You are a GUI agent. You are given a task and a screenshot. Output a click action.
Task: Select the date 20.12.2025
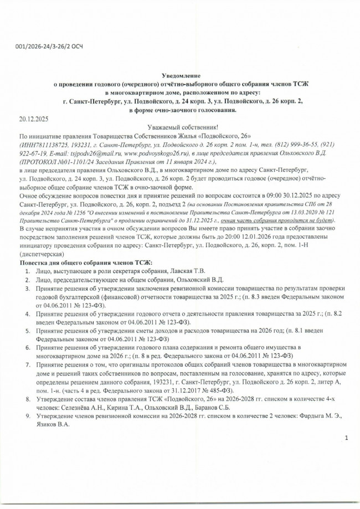34,119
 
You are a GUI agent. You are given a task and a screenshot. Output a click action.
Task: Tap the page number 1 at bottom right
346,438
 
